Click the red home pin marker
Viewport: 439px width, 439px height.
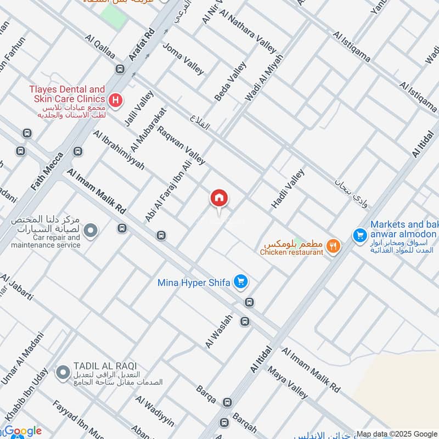(219, 199)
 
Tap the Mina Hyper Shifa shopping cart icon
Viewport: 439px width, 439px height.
(240, 282)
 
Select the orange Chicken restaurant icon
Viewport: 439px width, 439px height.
(333, 246)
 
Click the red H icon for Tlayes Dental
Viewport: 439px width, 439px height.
(115, 100)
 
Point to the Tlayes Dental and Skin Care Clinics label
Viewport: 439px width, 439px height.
(67, 94)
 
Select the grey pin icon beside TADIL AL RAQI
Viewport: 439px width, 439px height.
(62, 373)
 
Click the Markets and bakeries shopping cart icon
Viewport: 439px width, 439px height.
(360, 235)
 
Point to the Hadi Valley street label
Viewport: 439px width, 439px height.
(288, 189)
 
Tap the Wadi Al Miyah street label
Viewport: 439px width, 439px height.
(264, 77)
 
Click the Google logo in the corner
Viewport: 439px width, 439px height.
(22, 431)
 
